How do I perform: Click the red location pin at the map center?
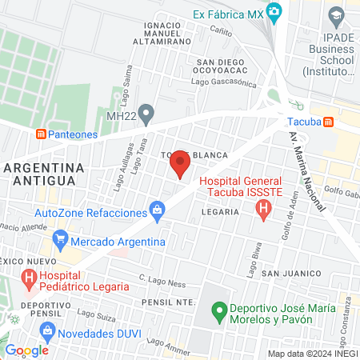coord(180,165)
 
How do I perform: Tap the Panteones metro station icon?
coord(42,134)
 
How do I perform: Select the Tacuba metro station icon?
coord(340,122)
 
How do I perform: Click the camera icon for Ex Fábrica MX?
coord(275,12)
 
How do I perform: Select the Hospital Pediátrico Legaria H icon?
coord(29,278)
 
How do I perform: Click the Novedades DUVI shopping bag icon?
coord(48,330)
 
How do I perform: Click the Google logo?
coord(26,350)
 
